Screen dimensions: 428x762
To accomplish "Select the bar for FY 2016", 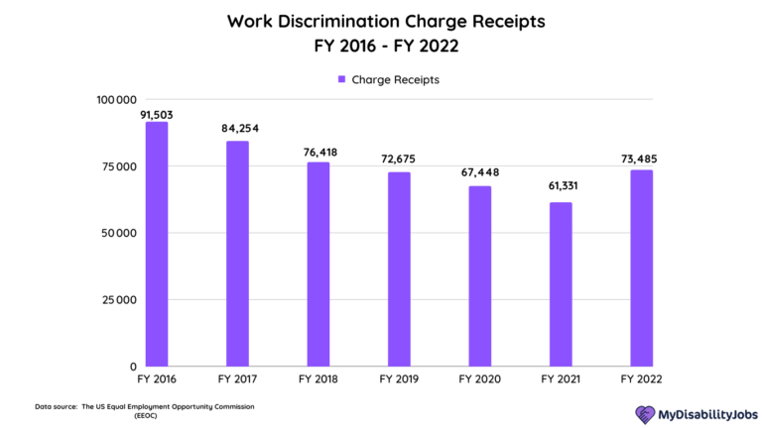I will (x=157, y=244).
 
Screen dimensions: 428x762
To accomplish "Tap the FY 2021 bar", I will (x=561, y=284).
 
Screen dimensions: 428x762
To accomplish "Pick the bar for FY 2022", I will (x=641, y=268).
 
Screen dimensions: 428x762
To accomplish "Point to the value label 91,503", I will (x=158, y=114).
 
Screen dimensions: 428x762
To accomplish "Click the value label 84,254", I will (x=238, y=128).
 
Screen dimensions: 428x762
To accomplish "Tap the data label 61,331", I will (x=561, y=187).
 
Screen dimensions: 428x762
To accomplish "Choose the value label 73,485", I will (x=641, y=159).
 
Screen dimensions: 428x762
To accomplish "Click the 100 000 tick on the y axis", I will (x=116, y=99).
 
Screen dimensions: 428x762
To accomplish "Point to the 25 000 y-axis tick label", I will (x=119, y=300).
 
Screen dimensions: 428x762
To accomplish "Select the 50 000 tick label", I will (x=119, y=234).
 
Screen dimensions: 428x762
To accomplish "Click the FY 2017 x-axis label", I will (x=237, y=378).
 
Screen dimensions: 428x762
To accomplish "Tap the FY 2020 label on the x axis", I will (x=479, y=378).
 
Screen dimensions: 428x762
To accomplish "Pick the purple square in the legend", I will (x=341, y=79).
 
